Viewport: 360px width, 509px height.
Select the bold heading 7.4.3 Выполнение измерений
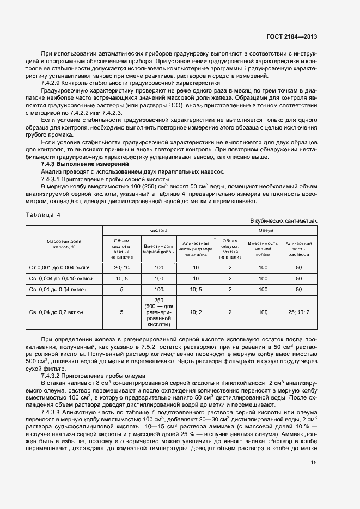coord(85,164)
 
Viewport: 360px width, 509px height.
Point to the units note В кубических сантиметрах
coord(283,220)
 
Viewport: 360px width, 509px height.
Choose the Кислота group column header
coord(158,230)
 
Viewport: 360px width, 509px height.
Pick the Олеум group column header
coord(266,230)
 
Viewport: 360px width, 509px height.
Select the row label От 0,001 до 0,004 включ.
coord(60,267)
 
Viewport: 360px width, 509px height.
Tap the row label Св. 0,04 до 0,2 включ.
coord(57,312)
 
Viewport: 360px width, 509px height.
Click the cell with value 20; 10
coord(121,267)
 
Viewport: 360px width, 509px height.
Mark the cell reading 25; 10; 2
coord(298,312)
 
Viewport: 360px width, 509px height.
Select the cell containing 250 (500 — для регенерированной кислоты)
coord(158,312)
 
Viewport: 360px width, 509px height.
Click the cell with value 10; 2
coord(196,312)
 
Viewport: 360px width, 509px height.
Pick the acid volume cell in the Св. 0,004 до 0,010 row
coord(121,278)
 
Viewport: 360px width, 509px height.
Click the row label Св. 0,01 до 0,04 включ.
coord(58,289)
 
